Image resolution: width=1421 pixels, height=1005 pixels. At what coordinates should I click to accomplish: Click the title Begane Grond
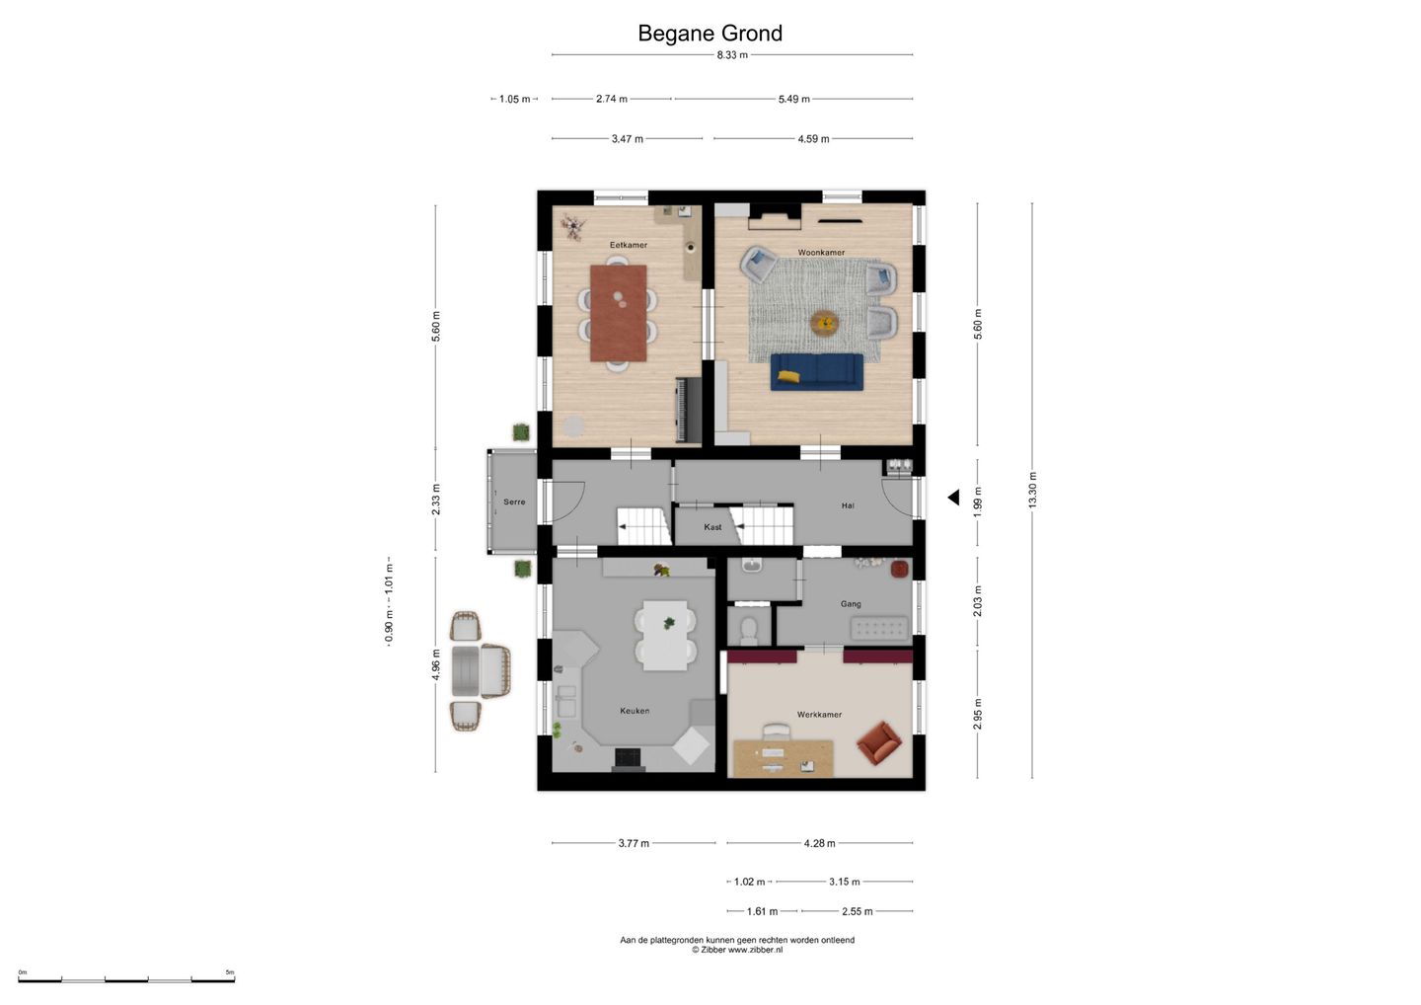click(710, 33)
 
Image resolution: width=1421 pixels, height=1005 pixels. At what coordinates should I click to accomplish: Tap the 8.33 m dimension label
click(732, 55)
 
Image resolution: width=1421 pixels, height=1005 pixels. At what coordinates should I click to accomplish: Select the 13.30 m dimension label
click(1032, 491)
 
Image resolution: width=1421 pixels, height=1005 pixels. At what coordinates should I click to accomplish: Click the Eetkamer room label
click(629, 245)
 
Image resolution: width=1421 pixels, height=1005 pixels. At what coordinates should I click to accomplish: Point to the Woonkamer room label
click(821, 253)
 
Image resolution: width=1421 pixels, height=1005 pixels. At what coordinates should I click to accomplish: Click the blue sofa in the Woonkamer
click(817, 372)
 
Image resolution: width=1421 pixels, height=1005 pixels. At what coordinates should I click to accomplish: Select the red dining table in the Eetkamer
click(619, 313)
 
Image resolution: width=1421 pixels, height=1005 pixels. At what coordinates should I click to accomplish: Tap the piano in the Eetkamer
click(689, 410)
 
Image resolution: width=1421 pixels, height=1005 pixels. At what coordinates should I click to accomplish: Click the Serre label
click(514, 502)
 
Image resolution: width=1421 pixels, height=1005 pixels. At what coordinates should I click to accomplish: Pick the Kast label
click(712, 527)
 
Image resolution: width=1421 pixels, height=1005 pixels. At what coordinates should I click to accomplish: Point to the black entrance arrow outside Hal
click(953, 498)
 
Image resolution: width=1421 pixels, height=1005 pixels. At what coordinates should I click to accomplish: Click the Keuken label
click(635, 711)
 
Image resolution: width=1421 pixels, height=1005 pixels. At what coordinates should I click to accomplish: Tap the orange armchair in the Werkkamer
click(878, 742)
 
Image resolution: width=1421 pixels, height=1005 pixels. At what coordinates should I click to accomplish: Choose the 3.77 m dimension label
click(634, 843)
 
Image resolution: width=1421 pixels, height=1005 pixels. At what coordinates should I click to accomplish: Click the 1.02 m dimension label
click(749, 882)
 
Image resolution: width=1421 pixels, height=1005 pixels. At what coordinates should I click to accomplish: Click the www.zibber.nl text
click(755, 950)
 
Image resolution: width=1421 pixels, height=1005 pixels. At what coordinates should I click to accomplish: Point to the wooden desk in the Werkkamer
click(783, 759)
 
